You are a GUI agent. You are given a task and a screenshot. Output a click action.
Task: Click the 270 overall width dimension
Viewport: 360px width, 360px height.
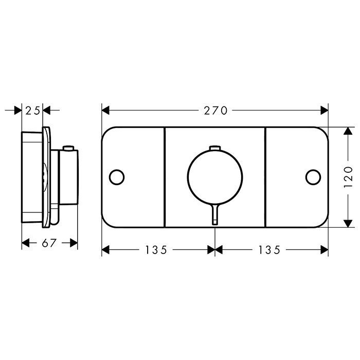[215, 110]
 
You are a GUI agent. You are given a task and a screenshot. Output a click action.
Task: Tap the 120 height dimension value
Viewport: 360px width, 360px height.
[349, 177]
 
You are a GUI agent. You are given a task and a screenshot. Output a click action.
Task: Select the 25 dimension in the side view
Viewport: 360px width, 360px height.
[32, 110]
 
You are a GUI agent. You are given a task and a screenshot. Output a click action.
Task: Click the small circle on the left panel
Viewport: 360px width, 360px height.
[117, 177]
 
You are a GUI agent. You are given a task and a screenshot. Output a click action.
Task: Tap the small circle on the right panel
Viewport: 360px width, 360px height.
[312, 177]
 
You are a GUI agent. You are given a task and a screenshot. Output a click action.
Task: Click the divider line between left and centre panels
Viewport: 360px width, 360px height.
[164, 177]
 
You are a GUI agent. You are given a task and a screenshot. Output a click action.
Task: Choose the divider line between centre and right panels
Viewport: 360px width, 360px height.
[265, 177]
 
